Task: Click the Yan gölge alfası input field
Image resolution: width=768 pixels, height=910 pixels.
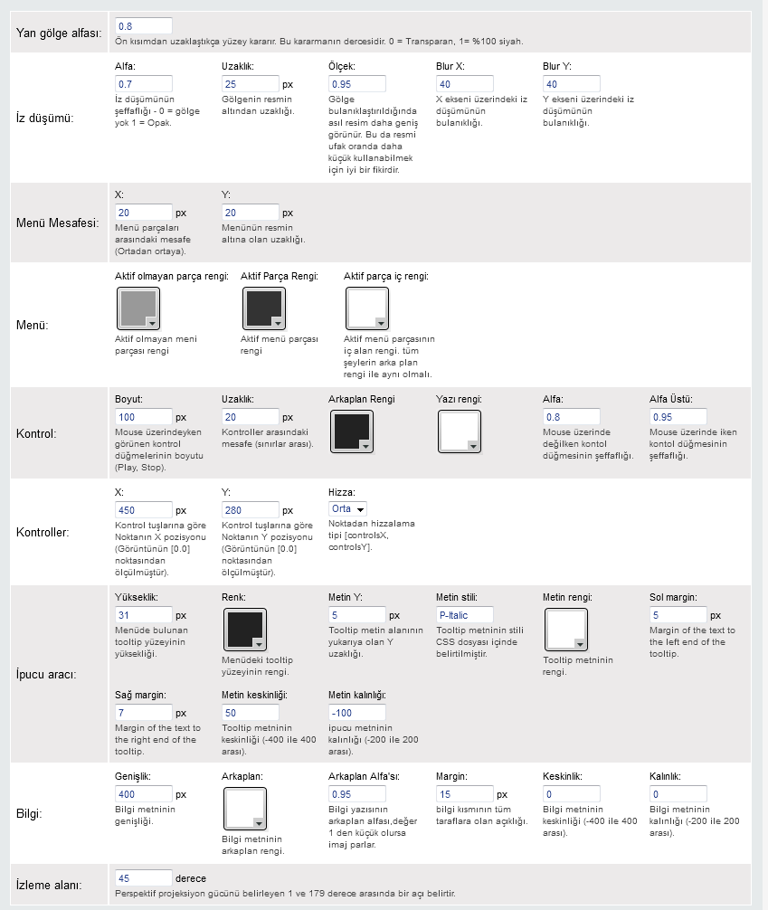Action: pos(144,25)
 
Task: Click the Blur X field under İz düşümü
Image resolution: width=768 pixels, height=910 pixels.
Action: pos(464,84)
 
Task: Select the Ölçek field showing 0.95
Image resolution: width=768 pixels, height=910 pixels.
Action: pos(357,84)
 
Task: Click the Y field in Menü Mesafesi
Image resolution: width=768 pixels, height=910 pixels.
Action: pos(251,213)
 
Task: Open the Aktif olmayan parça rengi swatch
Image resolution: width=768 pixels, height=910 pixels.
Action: pos(138,308)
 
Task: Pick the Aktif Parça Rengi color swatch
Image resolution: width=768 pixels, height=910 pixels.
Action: pos(264,308)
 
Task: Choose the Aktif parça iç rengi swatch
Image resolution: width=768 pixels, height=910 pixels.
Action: pos(367,308)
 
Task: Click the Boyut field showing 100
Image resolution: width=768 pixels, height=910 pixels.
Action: pos(144,417)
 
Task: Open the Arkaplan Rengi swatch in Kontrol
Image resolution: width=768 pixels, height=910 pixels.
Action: pos(351,431)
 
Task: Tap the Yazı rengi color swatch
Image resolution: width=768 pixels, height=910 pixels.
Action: pos(459,431)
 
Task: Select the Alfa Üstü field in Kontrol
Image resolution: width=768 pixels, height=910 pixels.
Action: pos(678,417)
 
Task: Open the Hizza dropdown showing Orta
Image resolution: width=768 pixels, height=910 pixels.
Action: pos(347,509)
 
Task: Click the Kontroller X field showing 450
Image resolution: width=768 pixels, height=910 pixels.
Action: pos(144,510)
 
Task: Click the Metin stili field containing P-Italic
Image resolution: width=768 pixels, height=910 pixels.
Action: pos(464,615)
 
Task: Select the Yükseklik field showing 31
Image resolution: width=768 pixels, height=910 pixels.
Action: pos(144,615)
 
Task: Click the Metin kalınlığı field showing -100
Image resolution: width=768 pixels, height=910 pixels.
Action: pos(357,713)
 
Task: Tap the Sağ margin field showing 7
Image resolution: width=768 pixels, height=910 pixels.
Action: pos(144,713)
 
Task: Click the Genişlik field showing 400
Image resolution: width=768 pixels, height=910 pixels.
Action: pos(144,794)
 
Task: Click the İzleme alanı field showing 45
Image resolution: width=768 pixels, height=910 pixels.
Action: pos(144,877)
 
